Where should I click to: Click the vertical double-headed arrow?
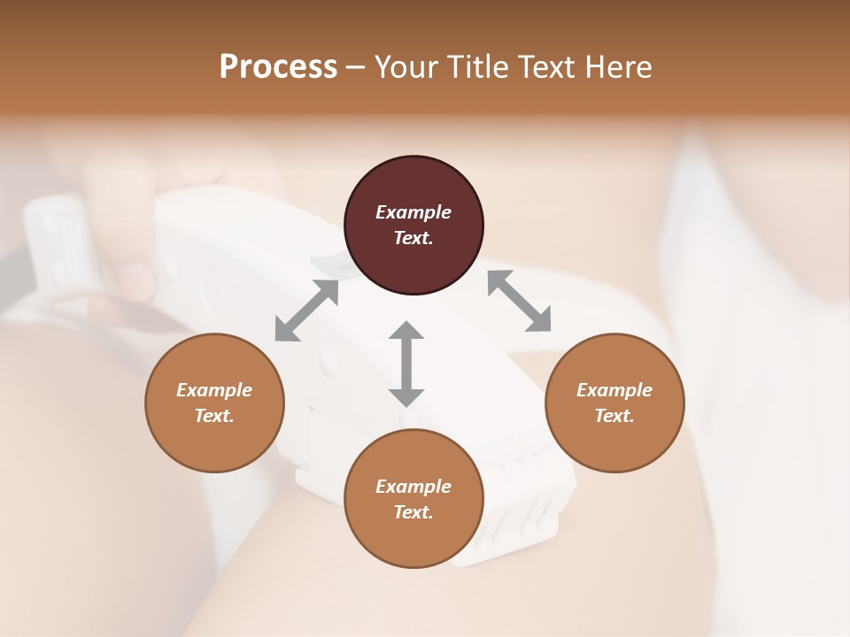[x=406, y=364]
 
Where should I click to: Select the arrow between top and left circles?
[x=306, y=311]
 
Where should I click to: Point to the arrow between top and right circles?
[x=519, y=301]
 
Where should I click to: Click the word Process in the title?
[x=278, y=66]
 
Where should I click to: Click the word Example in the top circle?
[x=413, y=212]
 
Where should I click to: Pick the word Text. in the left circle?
[x=214, y=416]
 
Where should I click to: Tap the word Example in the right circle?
[x=614, y=390]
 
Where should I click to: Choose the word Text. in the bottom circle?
[x=413, y=512]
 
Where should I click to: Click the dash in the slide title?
[x=356, y=67]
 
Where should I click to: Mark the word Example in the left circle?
[x=214, y=390]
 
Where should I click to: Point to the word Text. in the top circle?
[x=413, y=238]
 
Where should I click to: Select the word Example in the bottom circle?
[x=413, y=487]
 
